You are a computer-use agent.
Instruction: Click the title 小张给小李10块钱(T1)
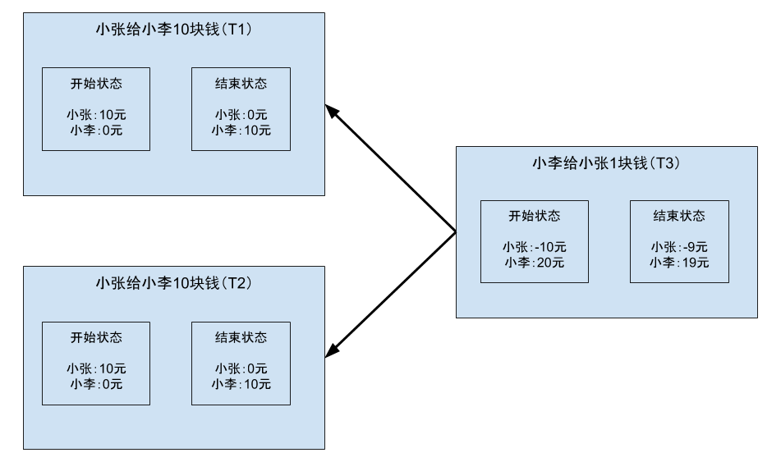pyautogui.click(x=173, y=30)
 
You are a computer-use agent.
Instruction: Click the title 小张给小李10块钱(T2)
pyautogui.click(x=173, y=284)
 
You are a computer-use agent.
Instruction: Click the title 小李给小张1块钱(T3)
pyautogui.click(x=606, y=163)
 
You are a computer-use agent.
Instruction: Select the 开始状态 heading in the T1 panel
pyautogui.click(x=96, y=84)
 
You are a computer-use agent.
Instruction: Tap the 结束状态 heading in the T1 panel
pyautogui.click(x=241, y=84)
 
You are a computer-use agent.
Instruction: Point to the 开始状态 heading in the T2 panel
pyautogui.click(x=96, y=338)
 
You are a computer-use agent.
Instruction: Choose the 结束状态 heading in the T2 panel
pyautogui.click(x=241, y=338)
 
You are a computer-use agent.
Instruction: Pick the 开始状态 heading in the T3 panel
pyautogui.click(x=535, y=217)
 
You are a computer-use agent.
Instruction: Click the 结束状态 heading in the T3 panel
pyautogui.click(x=679, y=217)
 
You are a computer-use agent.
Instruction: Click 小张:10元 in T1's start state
pyautogui.click(x=96, y=116)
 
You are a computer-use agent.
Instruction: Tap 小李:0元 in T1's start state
pyautogui.click(x=96, y=130)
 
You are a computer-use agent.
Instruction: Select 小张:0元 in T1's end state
pyautogui.click(x=241, y=116)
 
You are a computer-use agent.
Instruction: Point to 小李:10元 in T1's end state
pyautogui.click(x=241, y=130)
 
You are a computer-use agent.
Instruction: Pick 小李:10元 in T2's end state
pyautogui.click(x=241, y=385)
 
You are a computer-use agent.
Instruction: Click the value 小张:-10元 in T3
pyautogui.click(x=535, y=248)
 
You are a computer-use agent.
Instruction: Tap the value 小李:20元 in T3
pyautogui.click(x=535, y=263)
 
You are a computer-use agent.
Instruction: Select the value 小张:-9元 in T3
pyautogui.click(x=679, y=248)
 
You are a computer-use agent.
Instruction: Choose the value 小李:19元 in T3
pyautogui.click(x=679, y=263)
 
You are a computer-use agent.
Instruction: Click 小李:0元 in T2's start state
pyautogui.click(x=96, y=385)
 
